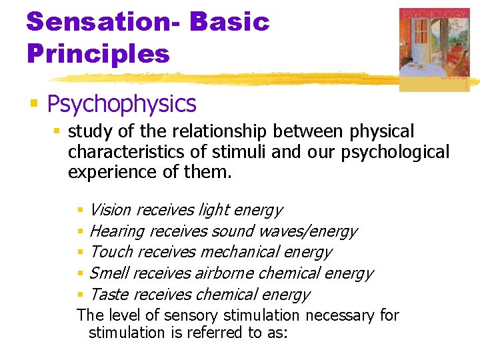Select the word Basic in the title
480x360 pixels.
click(x=229, y=21)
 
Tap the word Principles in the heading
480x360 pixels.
click(x=98, y=53)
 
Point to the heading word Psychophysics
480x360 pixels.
click(x=121, y=104)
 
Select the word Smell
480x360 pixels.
click(x=109, y=273)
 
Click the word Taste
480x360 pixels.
click(x=109, y=295)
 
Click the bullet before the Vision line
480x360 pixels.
click(x=81, y=211)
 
